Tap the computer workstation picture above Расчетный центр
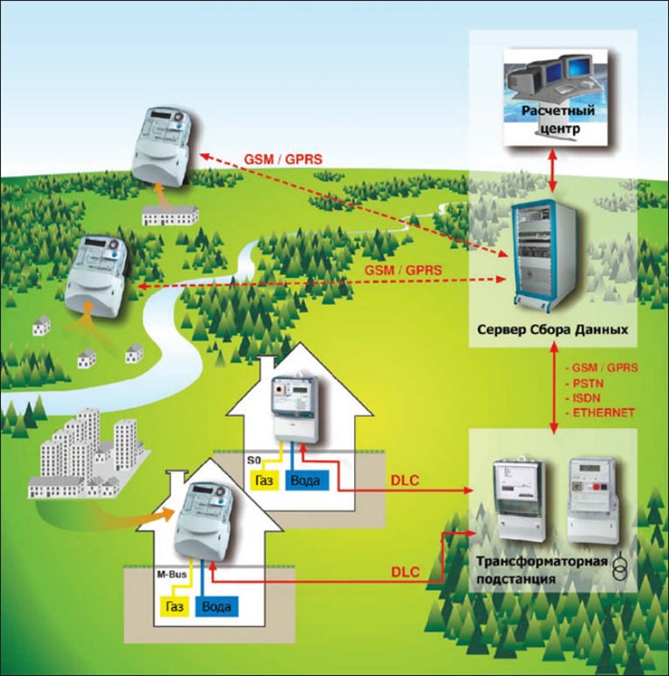552,79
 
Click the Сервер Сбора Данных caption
553,332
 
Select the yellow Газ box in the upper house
265,480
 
